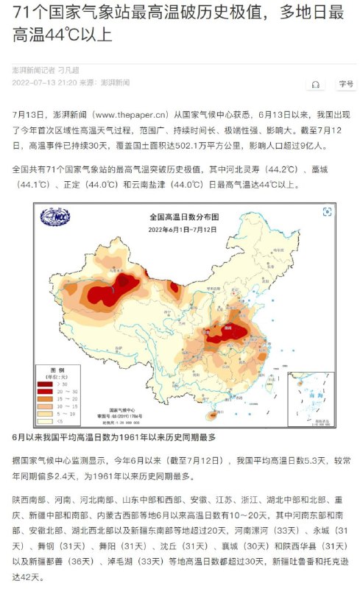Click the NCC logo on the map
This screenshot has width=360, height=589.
[x=55, y=218]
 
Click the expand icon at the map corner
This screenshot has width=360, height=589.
[x=327, y=212]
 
